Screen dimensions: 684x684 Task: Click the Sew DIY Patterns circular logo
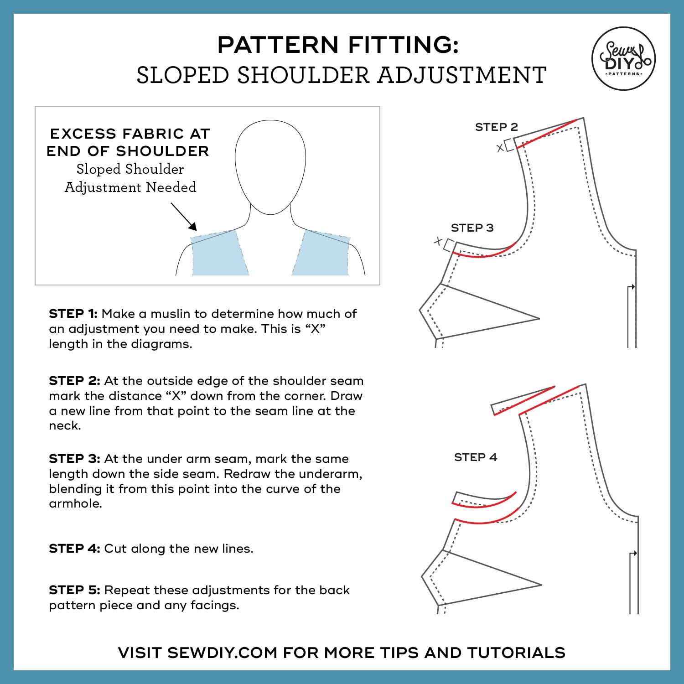[x=623, y=58]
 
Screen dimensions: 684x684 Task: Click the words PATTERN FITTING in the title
[x=337, y=45]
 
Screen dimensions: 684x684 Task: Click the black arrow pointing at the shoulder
[x=184, y=218]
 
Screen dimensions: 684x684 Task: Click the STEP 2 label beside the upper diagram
[x=497, y=127]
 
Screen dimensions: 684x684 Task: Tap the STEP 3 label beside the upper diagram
[x=472, y=228]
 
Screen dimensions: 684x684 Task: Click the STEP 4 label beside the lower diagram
[x=476, y=457]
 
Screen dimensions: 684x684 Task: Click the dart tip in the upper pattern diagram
[x=538, y=318]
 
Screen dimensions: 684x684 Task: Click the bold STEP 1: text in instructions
[x=73, y=314]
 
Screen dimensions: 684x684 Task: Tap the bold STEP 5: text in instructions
[x=74, y=590]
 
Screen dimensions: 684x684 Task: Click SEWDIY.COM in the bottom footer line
[x=222, y=653]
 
